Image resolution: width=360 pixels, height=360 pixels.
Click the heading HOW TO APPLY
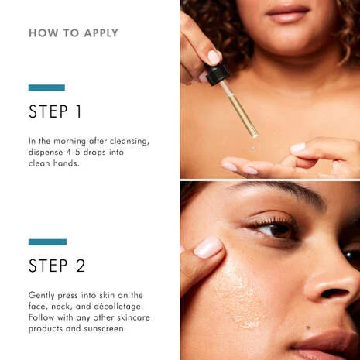click(74, 33)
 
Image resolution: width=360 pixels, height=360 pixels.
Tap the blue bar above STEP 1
click(46, 87)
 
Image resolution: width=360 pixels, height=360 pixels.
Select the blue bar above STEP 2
click(47, 242)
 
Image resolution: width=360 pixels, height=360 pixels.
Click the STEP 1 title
click(55, 111)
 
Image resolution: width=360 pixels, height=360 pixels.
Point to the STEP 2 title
click(57, 266)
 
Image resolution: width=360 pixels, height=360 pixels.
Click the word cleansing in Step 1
click(129, 142)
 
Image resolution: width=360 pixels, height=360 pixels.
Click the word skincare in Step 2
click(133, 317)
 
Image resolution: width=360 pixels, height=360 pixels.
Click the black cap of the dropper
click(218, 74)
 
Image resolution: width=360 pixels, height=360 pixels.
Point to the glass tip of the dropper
click(254, 135)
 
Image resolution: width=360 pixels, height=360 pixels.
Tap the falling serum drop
click(254, 149)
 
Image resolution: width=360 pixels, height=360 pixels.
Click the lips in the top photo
click(288, 13)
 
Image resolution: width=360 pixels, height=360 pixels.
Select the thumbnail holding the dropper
click(214, 57)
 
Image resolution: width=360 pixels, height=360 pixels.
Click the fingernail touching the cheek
click(208, 247)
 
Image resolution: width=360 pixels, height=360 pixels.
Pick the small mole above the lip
click(307, 327)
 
